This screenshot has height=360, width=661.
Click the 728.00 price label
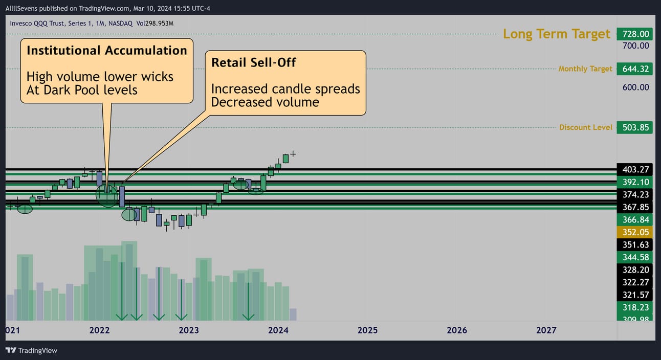(634, 34)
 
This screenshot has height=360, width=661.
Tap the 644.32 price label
(634, 69)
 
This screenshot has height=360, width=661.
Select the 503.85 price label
(634, 128)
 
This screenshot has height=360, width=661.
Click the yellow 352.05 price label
(634, 232)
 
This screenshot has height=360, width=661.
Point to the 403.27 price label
(634, 170)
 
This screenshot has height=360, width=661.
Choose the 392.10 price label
(634, 182)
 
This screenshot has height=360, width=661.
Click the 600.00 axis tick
(635, 87)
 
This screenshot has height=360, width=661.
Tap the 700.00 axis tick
(635, 46)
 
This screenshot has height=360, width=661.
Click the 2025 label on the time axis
(367, 330)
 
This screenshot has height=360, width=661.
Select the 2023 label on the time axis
(189, 330)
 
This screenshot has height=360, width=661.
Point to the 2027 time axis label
(546, 330)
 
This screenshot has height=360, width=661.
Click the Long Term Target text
(557, 34)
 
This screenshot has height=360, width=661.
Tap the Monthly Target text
(585, 69)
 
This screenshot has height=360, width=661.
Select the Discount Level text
(586, 127)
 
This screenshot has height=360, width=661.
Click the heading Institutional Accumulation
(107, 51)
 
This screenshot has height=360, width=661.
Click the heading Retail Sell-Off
(253, 62)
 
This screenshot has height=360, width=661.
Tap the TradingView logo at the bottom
(31, 350)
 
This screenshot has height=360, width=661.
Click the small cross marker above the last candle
(293, 154)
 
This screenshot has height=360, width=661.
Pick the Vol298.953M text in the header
(155, 24)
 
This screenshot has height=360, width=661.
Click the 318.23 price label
(634, 307)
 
